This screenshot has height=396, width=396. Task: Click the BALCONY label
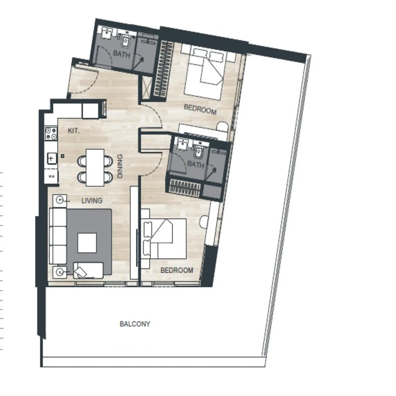coord(135,324)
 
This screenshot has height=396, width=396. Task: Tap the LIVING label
coord(92,201)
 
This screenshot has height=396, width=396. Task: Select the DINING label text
coord(120,166)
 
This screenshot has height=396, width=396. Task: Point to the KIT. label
coord(73,131)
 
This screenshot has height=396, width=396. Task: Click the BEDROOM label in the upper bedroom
coord(200,109)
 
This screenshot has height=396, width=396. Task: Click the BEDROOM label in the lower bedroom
coord(177,270)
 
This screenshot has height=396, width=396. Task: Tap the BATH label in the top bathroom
coord(121,54)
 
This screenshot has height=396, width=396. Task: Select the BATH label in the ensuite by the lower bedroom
coord(196,164)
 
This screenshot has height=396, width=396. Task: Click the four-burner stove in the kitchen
coord(51,133)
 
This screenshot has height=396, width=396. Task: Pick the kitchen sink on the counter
coord(51,158)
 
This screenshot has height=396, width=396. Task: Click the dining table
coord(95,167)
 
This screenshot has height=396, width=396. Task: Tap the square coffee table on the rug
coord(87,243)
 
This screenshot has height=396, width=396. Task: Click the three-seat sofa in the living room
coord(58,236)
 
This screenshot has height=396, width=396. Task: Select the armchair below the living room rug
coord(88,270)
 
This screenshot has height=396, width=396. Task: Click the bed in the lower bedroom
coord(164,239)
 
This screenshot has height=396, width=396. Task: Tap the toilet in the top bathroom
coord(126,41)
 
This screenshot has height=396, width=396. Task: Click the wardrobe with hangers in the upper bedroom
coord(163,69)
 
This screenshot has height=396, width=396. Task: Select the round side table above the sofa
coord(60,200)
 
